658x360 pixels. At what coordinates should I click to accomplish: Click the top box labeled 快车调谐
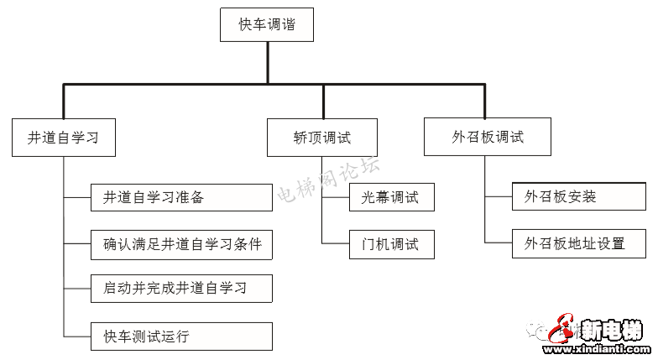pos(268,25)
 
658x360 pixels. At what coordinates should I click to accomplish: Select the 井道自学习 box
pos(64,138)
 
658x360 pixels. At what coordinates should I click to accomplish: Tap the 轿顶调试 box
pos(322,138)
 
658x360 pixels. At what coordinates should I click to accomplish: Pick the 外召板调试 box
pos(487,137)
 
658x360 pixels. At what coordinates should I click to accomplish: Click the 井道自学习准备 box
pos(181,198)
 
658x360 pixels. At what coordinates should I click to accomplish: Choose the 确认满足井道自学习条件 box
pos(181,245)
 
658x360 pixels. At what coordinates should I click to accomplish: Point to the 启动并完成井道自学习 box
pos(181,289)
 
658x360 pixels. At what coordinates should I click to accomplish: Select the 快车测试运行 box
pos(181,337)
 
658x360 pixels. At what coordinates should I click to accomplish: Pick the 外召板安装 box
pos(579,198)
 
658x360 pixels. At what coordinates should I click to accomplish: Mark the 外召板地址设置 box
pos(579,244)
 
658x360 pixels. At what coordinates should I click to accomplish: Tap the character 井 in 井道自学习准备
pos(109,198)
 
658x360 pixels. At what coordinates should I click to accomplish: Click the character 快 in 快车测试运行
pos(109,337)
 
